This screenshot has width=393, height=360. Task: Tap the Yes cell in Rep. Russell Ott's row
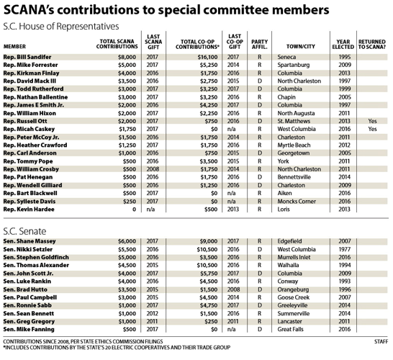(x=371, y=122)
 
